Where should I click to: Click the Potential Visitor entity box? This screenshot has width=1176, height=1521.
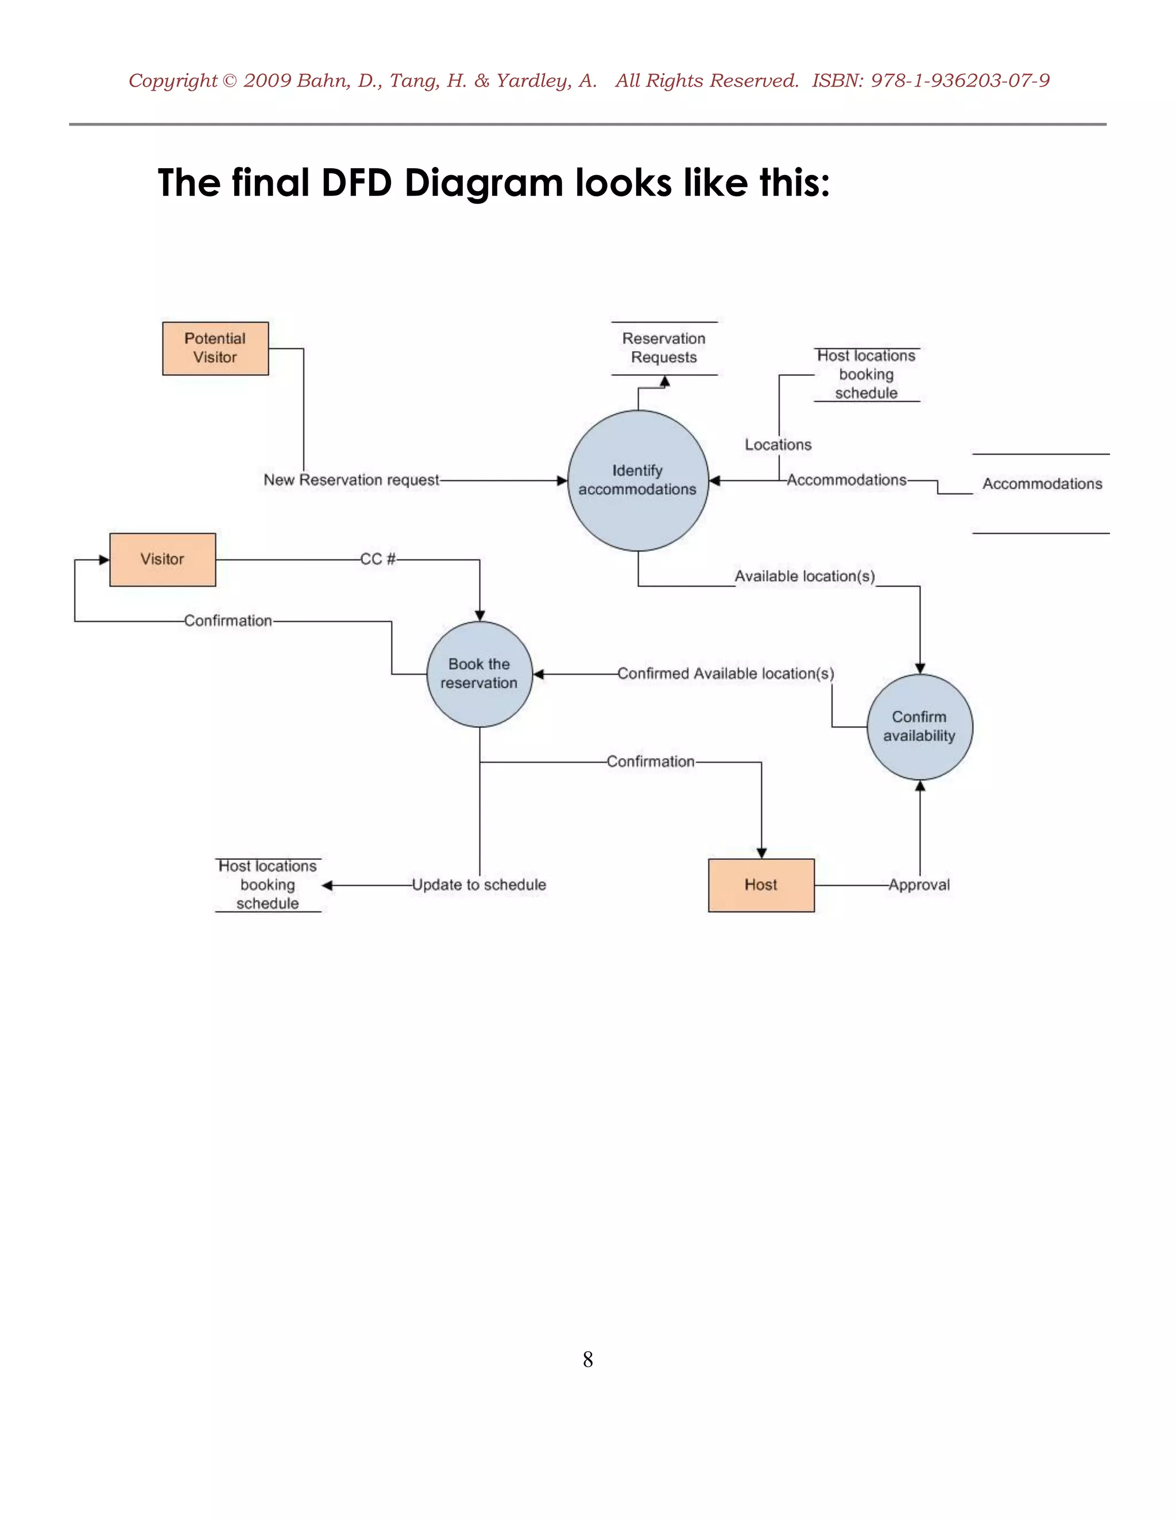(215, 348)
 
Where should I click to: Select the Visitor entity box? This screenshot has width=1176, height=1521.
(163, 559)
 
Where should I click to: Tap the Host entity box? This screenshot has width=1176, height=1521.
(761, 884)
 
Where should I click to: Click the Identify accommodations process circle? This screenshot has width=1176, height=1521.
(637, 480)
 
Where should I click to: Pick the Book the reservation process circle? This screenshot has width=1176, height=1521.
(479, 673)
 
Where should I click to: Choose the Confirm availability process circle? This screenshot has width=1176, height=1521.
(920, 727)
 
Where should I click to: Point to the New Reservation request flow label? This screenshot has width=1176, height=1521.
(351, 480)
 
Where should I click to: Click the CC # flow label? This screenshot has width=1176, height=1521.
(378, 559)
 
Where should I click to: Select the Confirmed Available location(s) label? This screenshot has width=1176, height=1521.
(725, 673)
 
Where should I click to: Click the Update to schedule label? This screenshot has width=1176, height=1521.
(479, 884)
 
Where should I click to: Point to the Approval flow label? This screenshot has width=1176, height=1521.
(919, 884)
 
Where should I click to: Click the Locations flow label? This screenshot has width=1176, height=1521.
(778, 445)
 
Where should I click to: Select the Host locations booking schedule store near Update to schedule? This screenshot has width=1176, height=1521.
(268, 884)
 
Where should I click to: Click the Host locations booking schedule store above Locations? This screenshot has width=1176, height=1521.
(866, 375)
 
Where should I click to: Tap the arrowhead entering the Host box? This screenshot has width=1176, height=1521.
(761, 853)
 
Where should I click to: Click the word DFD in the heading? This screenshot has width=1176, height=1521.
(356, 183)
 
